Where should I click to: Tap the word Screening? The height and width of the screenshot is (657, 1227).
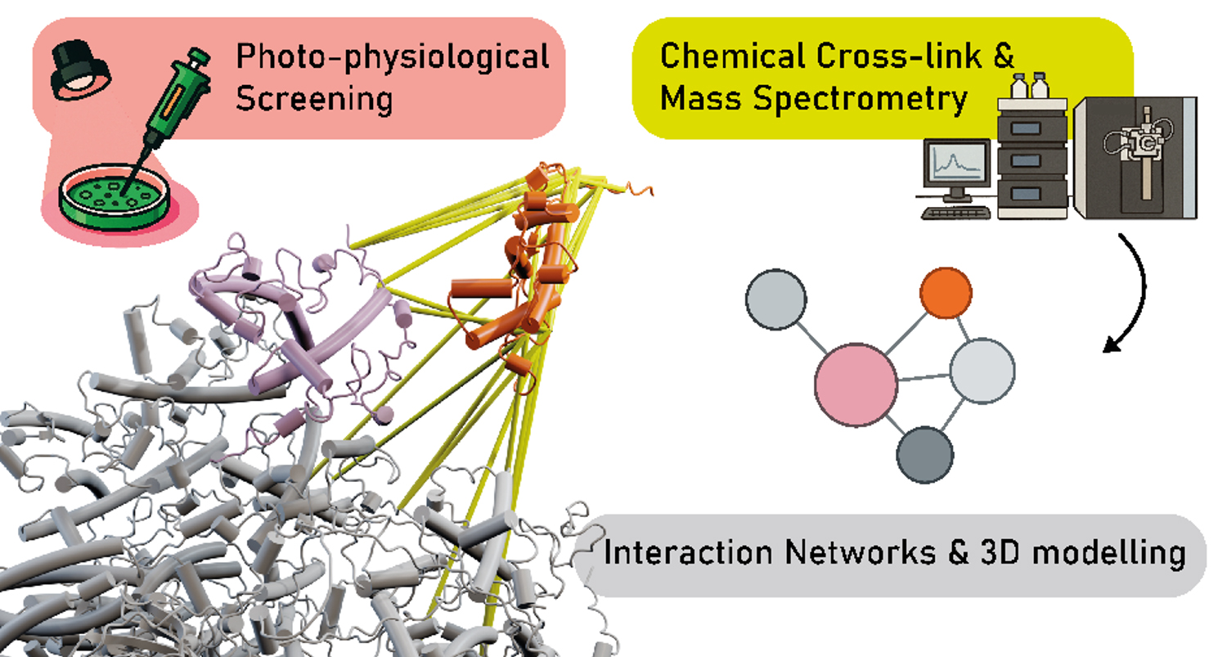coord(314,100)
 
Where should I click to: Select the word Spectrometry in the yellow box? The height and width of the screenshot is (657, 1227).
coord(861,100)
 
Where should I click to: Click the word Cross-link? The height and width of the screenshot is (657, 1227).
coord(898,56)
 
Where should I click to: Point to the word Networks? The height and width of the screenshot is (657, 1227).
coord(860,551)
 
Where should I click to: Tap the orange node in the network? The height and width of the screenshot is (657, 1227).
coord(946,293)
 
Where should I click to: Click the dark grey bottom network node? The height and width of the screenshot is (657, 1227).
coord(924,455)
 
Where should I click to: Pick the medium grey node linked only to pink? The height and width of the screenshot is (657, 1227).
coord(776,299)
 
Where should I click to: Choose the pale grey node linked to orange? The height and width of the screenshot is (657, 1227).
coord(982,371)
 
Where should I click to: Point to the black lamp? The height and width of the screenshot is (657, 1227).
coord(80,70)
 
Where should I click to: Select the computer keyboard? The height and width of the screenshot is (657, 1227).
coord(956,213)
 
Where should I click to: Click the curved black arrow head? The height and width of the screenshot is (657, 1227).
coord(1112,345)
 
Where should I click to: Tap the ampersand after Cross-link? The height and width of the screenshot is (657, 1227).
coord(1003,56)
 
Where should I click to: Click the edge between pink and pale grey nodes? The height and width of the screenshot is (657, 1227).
coord(924,377)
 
